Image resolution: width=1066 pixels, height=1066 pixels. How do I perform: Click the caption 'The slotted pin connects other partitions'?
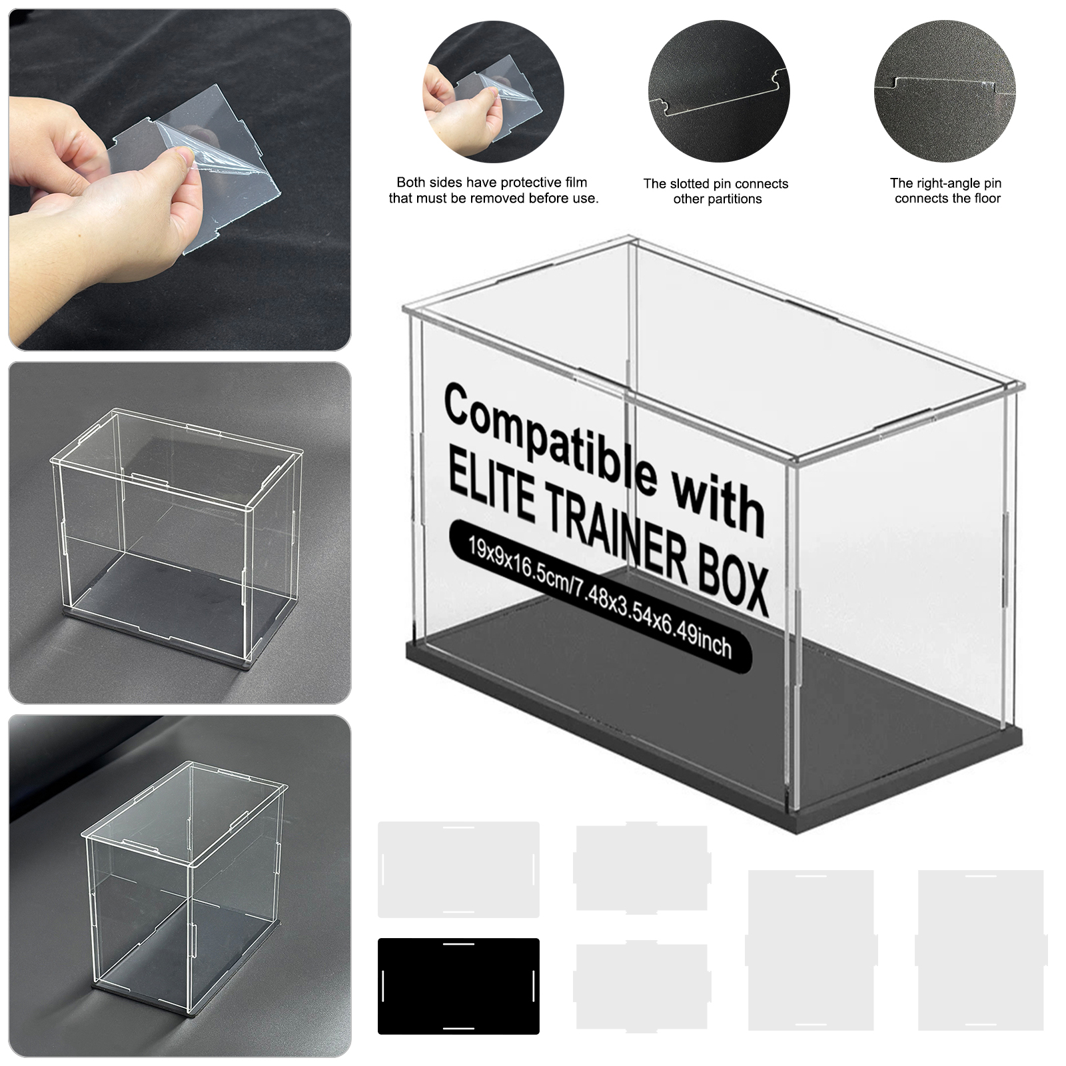click(716, 191)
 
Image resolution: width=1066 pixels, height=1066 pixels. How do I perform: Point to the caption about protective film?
click(494, 190)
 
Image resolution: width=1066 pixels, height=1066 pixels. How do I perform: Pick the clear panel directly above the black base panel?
click(458, 869)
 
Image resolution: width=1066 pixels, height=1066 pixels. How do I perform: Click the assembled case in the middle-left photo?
click(173, 540)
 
